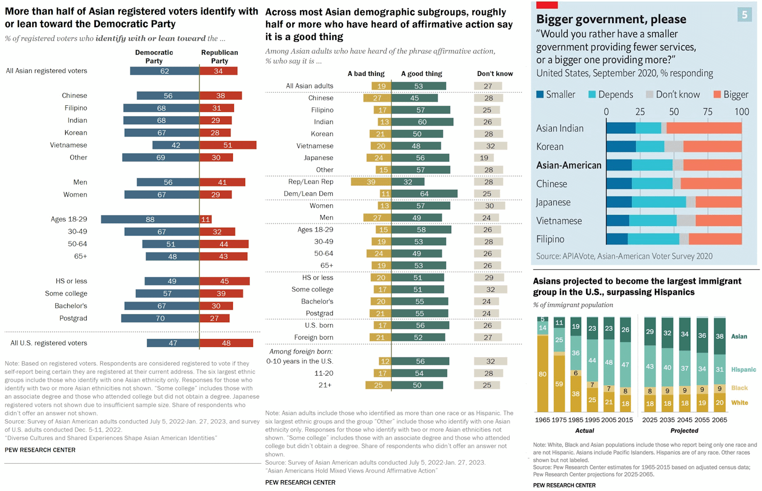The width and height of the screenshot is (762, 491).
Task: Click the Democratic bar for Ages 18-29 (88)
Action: (x=150, y=220)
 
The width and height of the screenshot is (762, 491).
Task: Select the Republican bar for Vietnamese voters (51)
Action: (x=228, y=145)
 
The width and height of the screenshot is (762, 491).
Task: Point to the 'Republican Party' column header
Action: (x=219, y=56)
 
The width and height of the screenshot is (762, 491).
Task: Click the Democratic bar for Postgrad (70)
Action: (x=160, y=319)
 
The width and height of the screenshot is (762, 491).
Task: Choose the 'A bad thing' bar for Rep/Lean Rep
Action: (x=371, y=182)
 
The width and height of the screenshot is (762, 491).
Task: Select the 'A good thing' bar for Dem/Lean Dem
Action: (x=424, y=194)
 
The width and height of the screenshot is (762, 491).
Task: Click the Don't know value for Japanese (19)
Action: (x=484, y=158)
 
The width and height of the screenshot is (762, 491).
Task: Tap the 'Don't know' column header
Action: (x=495, y=74)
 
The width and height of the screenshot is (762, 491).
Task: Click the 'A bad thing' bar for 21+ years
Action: (x=378, y=385)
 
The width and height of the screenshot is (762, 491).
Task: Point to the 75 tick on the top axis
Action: (x=708, y=112)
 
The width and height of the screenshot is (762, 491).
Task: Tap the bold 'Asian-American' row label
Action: (x=569, y=165)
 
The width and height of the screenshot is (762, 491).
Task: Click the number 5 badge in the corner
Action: (x=745, y=14)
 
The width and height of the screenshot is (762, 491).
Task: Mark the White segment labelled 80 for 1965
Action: (x=542, y=374)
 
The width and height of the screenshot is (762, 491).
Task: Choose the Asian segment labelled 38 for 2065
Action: (x=719, y=336)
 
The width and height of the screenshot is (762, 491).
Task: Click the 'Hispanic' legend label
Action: (x=744, y=369)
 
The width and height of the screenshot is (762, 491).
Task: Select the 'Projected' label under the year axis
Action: (x=684, y=431)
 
